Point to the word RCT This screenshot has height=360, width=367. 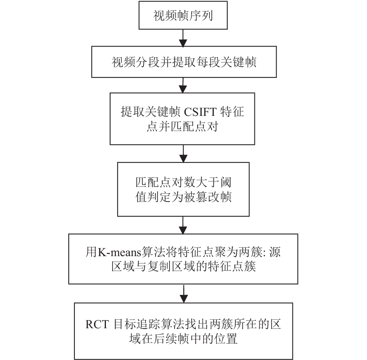(97, 324)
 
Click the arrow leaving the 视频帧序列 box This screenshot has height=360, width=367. (183, 38)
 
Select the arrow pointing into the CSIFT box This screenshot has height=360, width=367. (183, 85)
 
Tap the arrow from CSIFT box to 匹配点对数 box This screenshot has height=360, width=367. (183, 153)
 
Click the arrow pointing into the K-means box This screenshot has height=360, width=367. (183, 225)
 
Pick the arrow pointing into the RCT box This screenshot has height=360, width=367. (184, 294)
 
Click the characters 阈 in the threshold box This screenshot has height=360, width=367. (226, 183)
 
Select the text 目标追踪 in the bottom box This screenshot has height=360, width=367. (137, 324)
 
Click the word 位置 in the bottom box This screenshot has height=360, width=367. (226, 339)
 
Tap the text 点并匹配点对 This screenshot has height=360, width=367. (183, 126)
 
